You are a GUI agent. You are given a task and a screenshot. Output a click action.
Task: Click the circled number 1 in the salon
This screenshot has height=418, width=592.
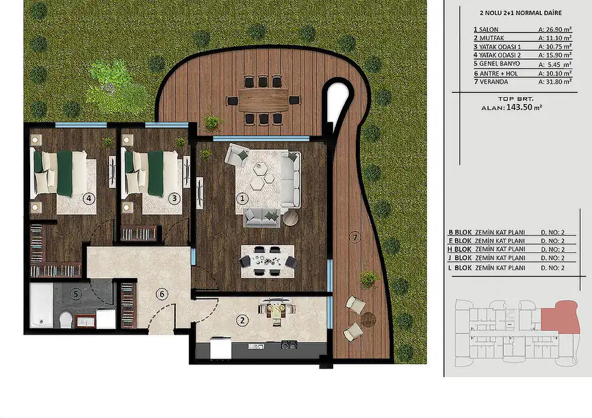coord(242,198)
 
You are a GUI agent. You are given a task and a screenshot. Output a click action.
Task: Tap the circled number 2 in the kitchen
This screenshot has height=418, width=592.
coord(242,320)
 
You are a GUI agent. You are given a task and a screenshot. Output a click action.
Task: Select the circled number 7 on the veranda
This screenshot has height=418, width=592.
coord(354,237)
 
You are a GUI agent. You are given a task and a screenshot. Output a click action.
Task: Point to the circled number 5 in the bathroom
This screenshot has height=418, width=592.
coord(75,294)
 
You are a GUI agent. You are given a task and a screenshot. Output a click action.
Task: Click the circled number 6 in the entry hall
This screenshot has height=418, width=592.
coord(162,294)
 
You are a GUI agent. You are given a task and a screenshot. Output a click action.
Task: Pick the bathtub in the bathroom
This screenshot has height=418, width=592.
coord(41,305)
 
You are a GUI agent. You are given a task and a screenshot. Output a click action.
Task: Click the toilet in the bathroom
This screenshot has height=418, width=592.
coord(66,319)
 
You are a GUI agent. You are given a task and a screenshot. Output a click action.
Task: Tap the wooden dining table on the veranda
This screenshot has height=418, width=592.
coord(263,100)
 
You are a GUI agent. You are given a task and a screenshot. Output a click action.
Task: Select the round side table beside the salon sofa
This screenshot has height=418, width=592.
coord(290,218)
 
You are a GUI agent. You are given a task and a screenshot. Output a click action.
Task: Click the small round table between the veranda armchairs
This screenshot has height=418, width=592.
coord(368,319)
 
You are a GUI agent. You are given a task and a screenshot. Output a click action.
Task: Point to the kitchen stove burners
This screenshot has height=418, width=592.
coord(289,344)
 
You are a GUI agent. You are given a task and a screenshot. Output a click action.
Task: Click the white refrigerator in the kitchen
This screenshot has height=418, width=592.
coord(220,348)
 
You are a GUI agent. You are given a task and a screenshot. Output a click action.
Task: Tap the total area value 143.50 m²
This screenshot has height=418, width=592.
coord(524,107)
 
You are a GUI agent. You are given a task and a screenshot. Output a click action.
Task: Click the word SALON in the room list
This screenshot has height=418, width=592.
coord(489,29)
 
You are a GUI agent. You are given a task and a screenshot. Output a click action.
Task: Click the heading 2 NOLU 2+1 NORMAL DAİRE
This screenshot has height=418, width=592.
coord(520,13)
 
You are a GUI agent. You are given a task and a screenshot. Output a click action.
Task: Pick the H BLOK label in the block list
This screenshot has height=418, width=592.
coord(459,250)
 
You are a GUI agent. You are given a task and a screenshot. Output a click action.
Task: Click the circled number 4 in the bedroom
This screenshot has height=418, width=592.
coord(89,198)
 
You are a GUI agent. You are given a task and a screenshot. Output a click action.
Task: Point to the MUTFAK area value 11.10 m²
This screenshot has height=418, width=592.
coord(554,38)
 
